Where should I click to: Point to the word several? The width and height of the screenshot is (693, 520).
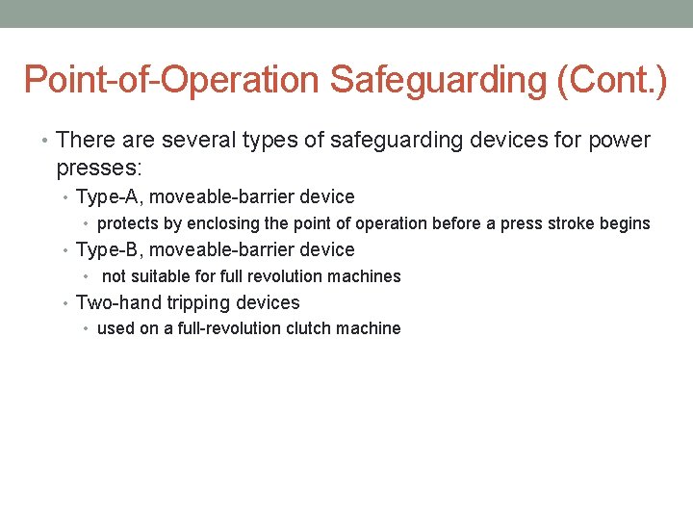[198, 141]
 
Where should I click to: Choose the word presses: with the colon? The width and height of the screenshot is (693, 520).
[99, 168]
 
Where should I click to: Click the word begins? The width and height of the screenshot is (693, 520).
[627, 223]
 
